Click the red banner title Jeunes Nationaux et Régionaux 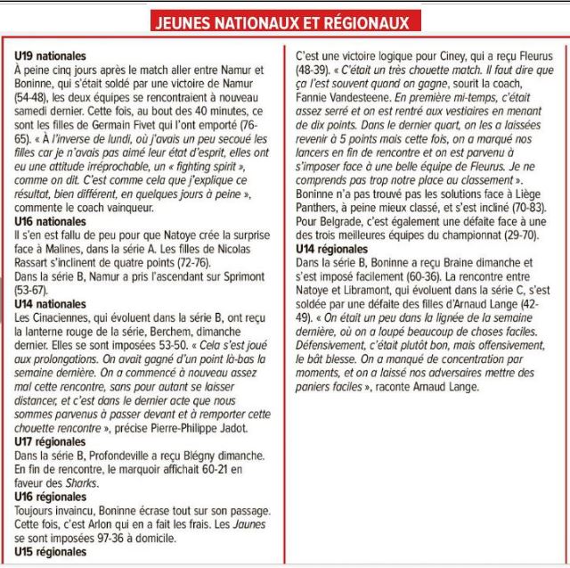click(x=285, y=21)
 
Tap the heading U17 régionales click(x=49, y=440)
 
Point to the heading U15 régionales click(x=49, y=552)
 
